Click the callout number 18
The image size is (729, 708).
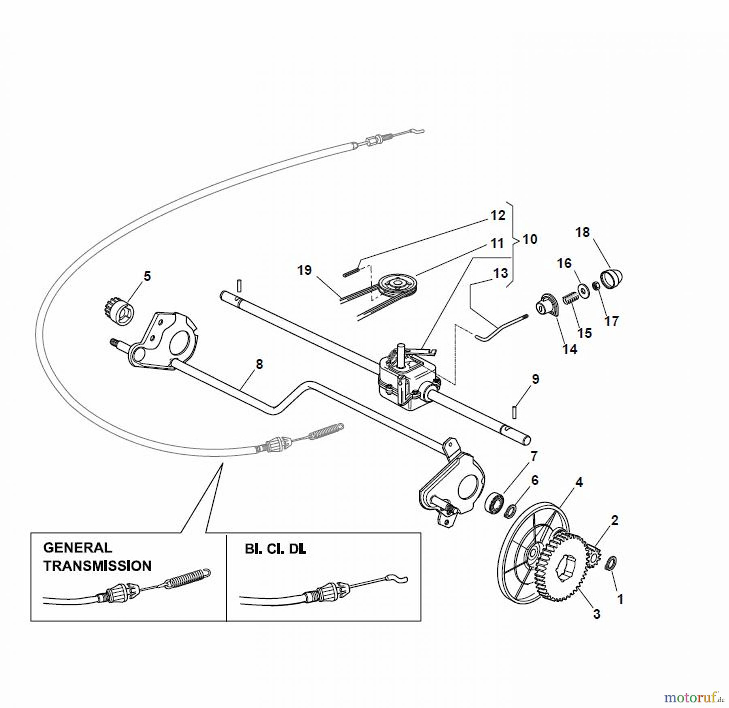tap(583, 232)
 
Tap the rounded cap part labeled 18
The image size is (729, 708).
tap(611, 278)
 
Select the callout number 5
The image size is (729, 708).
tap(147, 276)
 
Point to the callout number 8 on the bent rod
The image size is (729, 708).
tap(259, 364)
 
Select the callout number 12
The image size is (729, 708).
tap(498, 215)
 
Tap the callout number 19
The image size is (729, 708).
tap(305, 270)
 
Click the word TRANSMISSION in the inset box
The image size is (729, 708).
tap(98, 565)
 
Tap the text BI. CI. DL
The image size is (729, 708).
tap(275, 549)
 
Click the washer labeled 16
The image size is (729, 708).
tap(584, 290)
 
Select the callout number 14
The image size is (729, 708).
tap(570, 349)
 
